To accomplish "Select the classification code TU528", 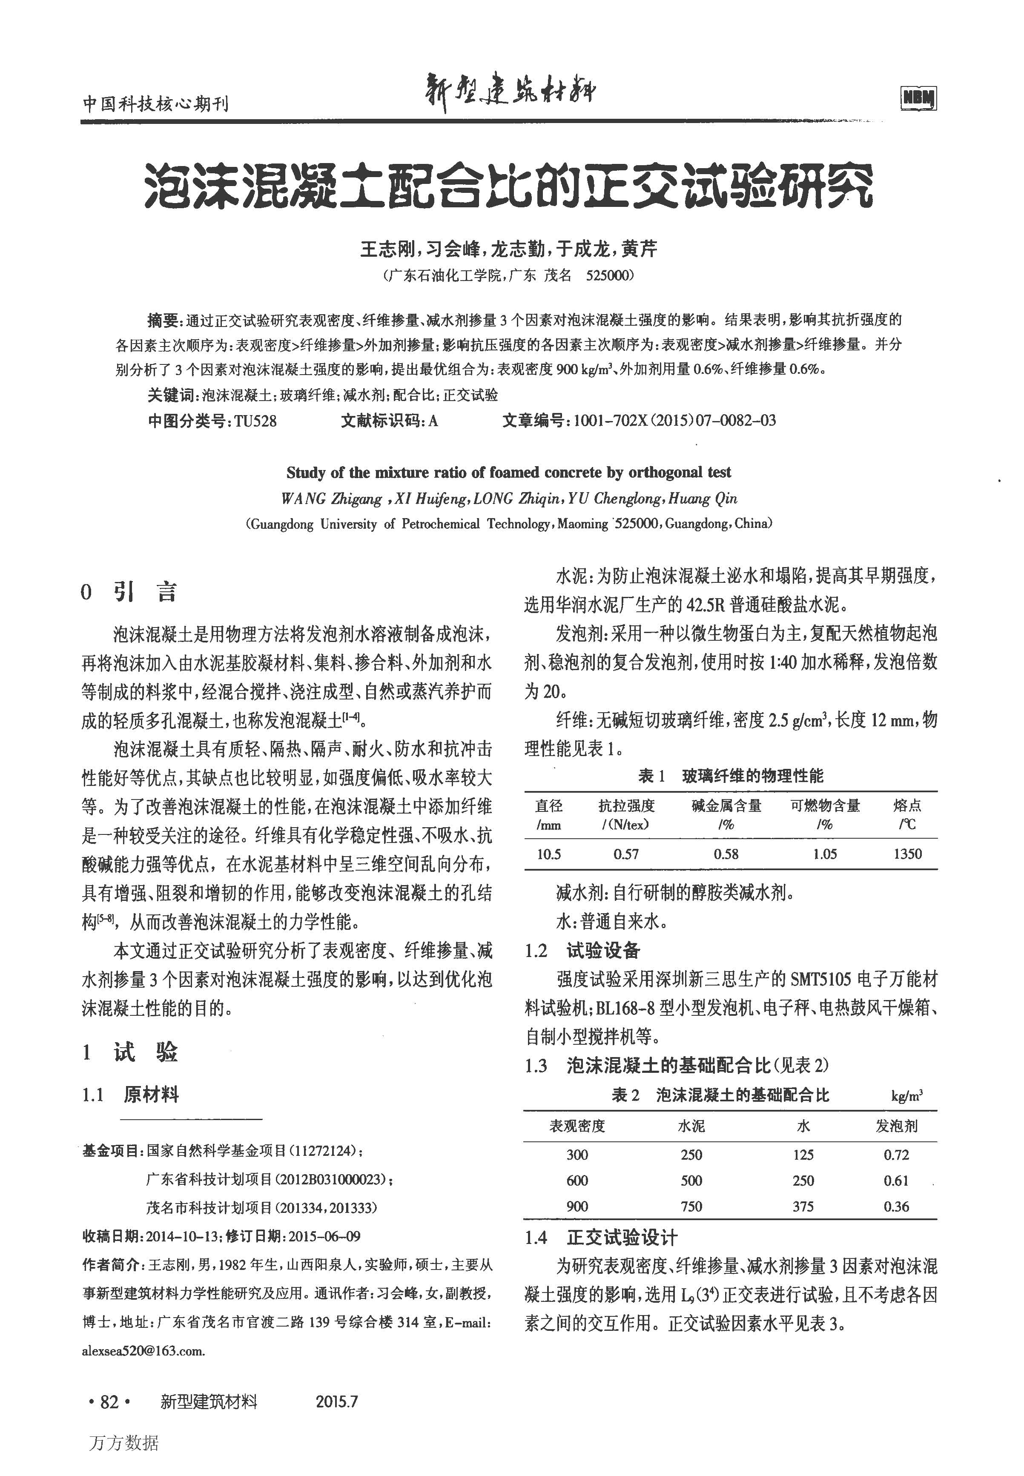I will pyautogui.click(x=255, y=421).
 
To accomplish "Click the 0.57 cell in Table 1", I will pyautogui.click(x=625, y=854).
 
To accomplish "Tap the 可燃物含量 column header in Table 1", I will pyautogui.click(x=824, y=805).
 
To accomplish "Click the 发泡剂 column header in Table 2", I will pyautogui.click(x=896, y=1126).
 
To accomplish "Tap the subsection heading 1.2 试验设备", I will pyautogui.click(x=582, y=951).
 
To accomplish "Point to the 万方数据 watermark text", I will pyautogui.click(x=124, y=1443).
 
